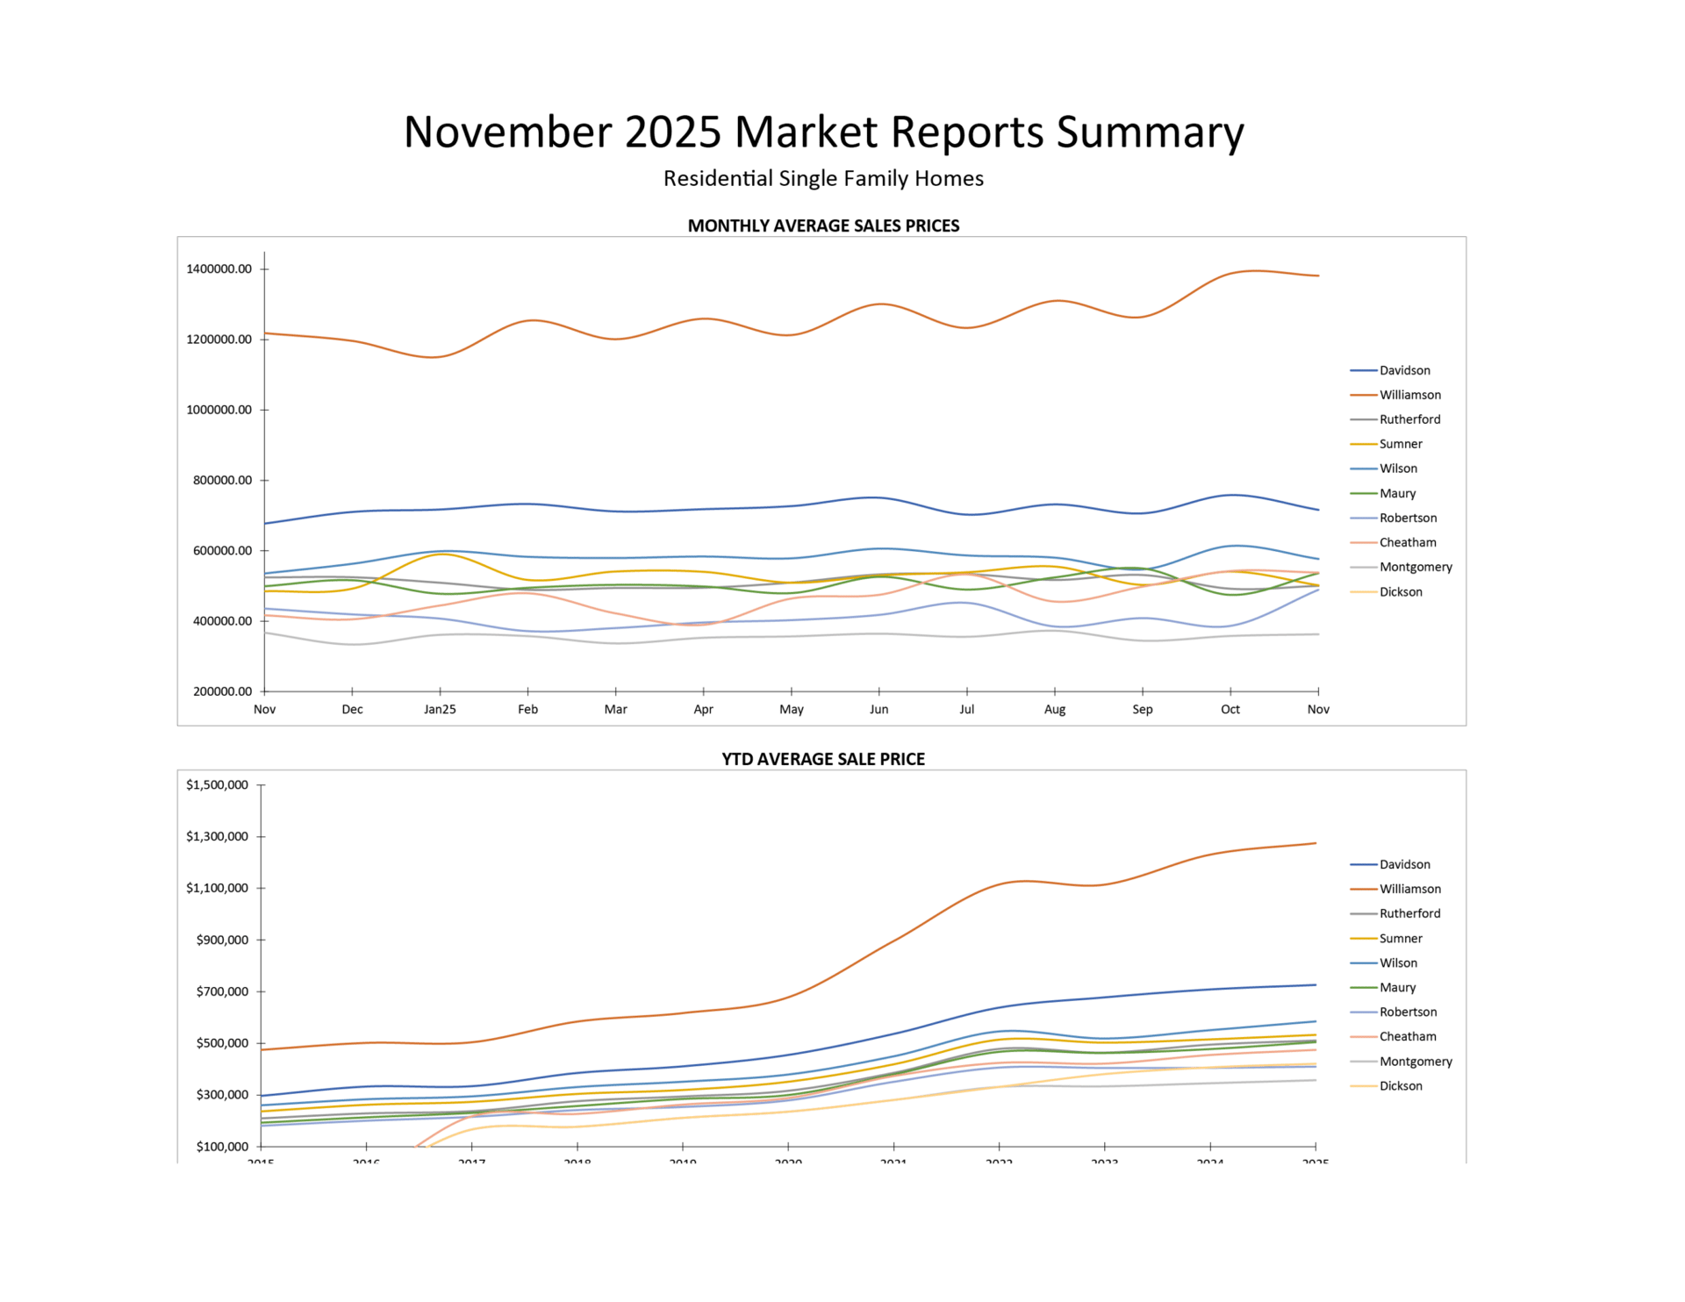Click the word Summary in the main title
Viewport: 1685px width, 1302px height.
[x=1150, y=132]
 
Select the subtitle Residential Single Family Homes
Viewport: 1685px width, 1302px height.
[x=823, y=179]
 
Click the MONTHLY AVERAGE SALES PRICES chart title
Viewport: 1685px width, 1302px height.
[x=823, y=225]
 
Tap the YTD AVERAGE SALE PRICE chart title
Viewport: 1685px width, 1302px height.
[x=823, y=759]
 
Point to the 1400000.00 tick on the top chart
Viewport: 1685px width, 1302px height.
[x=219, y=269]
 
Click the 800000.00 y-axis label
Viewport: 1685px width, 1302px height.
[x=219, y=481]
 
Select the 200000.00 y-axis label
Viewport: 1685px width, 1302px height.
[x=219, y=691]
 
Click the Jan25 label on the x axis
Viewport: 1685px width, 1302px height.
[x=440, y=710]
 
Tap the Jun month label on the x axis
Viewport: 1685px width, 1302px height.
[x=878, y=710]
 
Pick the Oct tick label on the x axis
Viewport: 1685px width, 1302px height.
[x=1230, y=710]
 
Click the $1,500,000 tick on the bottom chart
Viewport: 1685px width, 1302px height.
[x=217, y=785]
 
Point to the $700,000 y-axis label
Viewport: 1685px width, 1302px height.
[x=217, y=992]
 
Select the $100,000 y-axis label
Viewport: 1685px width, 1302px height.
[x=217, y=1147]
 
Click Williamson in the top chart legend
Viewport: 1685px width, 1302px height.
[x=1409, y=396]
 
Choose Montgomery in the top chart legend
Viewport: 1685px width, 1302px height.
[x=1416, y=568]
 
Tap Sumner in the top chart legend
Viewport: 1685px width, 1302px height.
[x=1401, y=445]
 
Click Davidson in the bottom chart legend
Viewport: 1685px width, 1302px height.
[x=1404, y=865]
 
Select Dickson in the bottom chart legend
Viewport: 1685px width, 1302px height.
[x=1401, y=1086]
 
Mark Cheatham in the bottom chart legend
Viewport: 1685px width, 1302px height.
[x=1408, y=1037]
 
